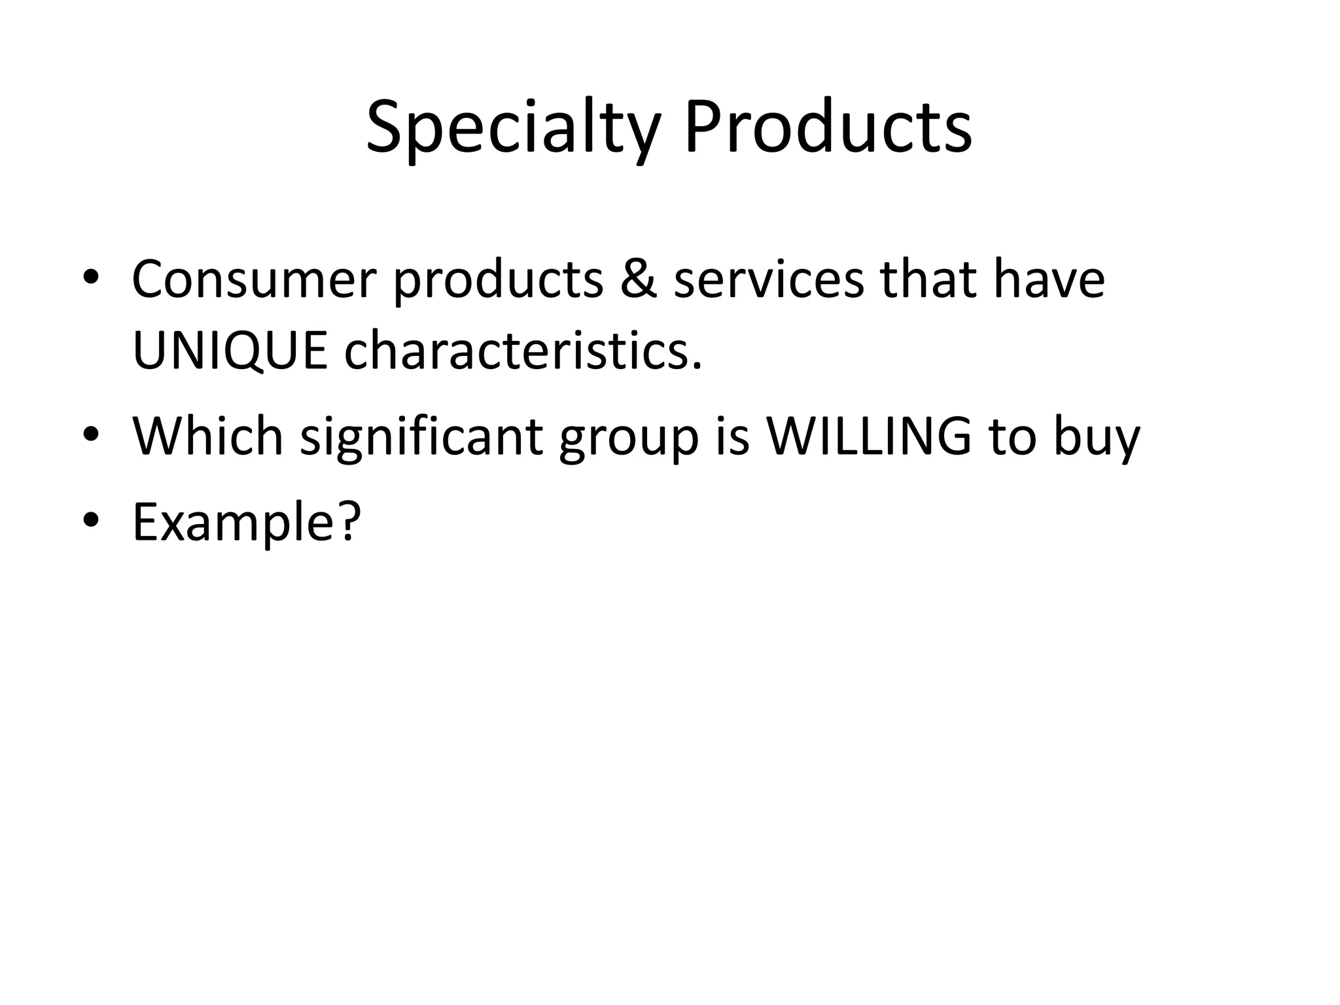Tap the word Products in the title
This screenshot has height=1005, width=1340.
(x=828, y=128)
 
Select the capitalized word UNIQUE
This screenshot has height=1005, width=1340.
(x=230, y=352)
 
